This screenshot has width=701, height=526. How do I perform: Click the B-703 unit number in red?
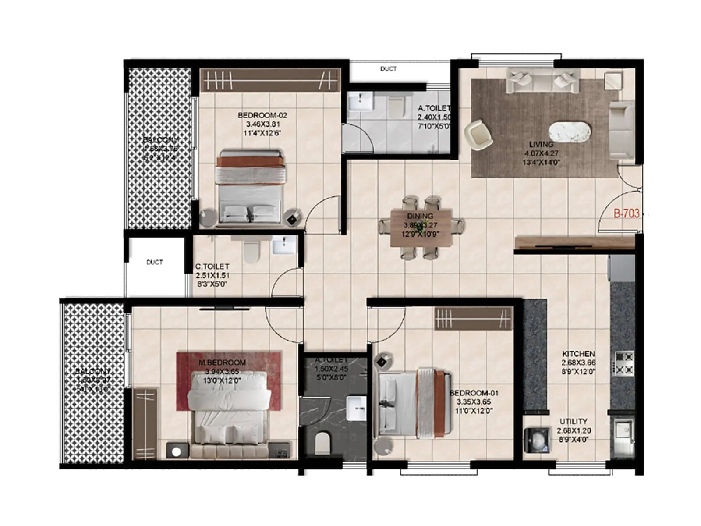pyautogui.click(x=626, y=213)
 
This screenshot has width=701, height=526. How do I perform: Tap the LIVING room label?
pyautogui.click(x=541, y=144)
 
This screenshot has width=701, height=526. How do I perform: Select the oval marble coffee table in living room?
pyautogui.click(x=570, y=131)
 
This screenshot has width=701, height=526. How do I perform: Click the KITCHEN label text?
pyautogui.click(x=578, y=353)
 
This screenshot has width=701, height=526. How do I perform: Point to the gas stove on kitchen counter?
pyautogui.click(x=624, y=363)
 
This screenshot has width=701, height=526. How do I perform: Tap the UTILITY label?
pyautogui.click(x=574, y=421)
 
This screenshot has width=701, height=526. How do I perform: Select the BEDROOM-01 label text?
pyautogui.click(x=474, y=393)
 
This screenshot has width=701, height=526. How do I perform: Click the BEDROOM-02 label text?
pyautogui.click(x=262, y=115)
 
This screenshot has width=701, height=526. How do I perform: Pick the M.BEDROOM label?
pyautogui.click(x=222, y=363)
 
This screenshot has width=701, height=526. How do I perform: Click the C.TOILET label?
pyautogui.click(x=212, y=266)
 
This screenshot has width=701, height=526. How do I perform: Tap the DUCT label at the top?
pyautogui.click(x=388, y=69)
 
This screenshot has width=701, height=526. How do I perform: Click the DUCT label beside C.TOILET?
pyautogui.click(x=154, y=262)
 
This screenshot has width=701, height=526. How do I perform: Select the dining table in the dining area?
pyautogui.click(x=421, y=228)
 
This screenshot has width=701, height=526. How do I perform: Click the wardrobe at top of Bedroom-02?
pyautogui.click(x=270, y=80)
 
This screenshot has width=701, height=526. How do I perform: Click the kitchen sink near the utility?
pyautogui.click(x=622, y=432)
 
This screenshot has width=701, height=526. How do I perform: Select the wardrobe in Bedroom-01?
pyautogui.click(x=473, y=319)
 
